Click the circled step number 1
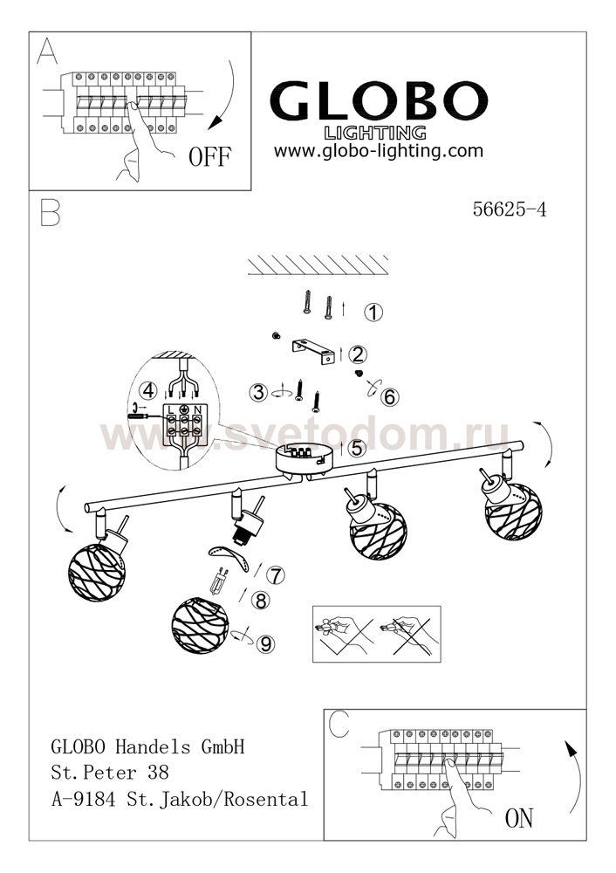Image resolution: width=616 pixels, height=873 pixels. [373, 312]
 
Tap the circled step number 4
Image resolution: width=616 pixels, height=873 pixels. [148, 390]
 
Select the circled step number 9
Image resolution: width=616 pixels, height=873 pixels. [266, 644]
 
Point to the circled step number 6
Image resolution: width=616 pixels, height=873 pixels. [389, 397]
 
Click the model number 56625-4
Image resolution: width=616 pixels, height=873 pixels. [510, 209]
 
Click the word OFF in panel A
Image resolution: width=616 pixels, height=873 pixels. [209, 157]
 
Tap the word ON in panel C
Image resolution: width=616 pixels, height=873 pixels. [518, 819]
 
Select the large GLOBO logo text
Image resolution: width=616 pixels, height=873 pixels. [379, 100]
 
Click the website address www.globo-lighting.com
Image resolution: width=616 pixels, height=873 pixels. [379, 151]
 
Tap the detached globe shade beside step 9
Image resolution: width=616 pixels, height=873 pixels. [201, 626]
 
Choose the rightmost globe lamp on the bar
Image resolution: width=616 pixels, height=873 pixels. [513, 511]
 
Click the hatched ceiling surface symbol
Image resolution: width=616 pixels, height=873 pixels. [318, 265]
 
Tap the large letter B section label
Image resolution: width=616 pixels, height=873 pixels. [50, 211]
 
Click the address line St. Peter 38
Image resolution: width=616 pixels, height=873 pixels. [110, 773]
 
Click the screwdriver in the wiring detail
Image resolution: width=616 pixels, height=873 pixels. [138, 416]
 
